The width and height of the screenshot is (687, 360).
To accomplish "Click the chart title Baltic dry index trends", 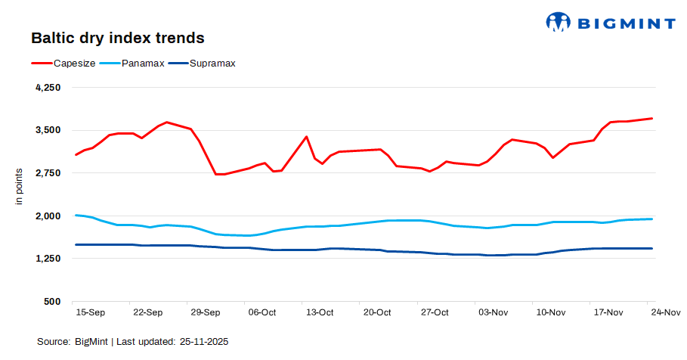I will point(117,37).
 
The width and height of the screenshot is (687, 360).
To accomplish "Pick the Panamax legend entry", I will point(149,64).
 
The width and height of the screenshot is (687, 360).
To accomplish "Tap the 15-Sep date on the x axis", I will point(91,312).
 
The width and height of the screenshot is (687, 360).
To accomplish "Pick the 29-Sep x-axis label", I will point(206,312).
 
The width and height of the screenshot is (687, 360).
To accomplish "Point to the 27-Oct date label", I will point(435,312).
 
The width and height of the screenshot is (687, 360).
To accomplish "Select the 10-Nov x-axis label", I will point(549,312).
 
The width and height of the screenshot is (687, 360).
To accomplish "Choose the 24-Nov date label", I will point(665,312).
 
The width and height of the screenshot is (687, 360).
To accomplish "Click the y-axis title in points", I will point(20,187).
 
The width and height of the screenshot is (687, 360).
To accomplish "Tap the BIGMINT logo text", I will point(627,23).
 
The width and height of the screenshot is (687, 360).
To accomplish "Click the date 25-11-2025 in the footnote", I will point(204,342).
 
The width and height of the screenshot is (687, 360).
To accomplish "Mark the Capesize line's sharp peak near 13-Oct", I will point(306,137).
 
